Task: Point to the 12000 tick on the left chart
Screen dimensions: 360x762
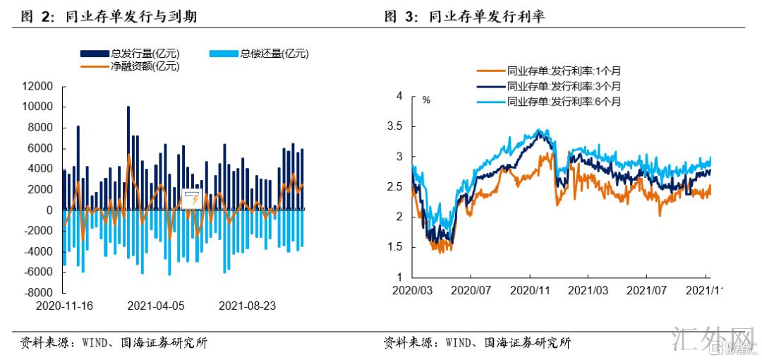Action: coord(38,87)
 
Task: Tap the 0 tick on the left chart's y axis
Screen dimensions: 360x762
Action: coord(49,210)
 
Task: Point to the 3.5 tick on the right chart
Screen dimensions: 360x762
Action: coord(396,126)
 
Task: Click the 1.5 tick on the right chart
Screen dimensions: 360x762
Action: coord(396,247)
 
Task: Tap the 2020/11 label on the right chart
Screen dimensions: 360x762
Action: coord(529,290)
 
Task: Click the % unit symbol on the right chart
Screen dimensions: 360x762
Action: coord(426,100)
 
